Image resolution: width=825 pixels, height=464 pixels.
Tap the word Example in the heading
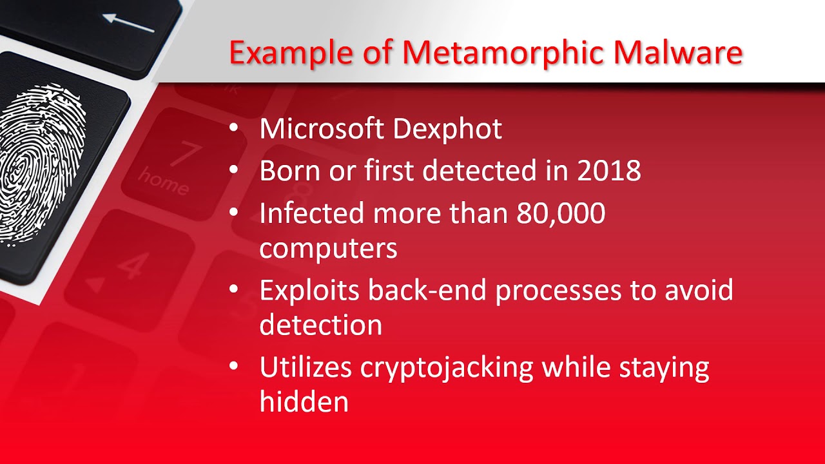coord(291,53)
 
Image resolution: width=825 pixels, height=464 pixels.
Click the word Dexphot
coord(447,129)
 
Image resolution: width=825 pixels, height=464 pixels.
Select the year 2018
coord(608,171)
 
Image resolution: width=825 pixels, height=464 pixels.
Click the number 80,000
coord(560,213)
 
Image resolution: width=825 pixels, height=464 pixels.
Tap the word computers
coord(328,249)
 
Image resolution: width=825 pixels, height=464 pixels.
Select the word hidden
coord(304,401)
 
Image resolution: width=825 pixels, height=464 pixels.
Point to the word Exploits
coord(309,291)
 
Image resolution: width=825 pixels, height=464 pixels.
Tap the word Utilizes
coord(306,367)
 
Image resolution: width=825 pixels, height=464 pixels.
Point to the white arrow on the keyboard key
coord(128,23)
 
